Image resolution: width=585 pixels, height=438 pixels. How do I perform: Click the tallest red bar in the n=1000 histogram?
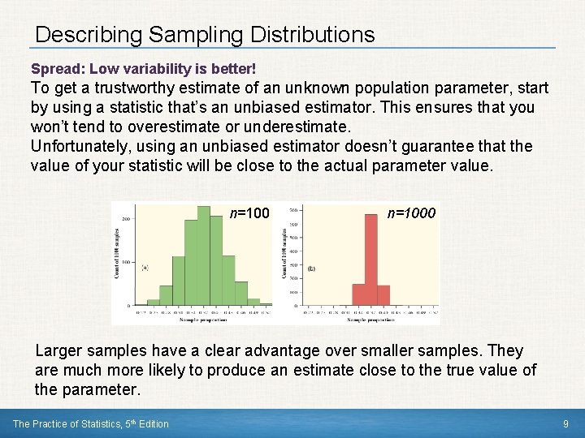[371, 260]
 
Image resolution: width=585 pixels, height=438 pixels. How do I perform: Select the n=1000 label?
[411, 213]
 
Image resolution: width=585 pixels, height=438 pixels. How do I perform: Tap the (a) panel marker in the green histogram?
[145, 267]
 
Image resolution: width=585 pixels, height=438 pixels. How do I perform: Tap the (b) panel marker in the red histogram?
[311, 268]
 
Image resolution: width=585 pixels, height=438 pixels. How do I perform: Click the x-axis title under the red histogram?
[370, 320]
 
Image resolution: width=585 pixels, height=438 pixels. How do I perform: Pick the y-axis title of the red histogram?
[285, 253]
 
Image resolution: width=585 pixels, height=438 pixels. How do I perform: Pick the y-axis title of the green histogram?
[117, 253]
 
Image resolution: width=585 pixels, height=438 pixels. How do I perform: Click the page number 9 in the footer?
[565, 423]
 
